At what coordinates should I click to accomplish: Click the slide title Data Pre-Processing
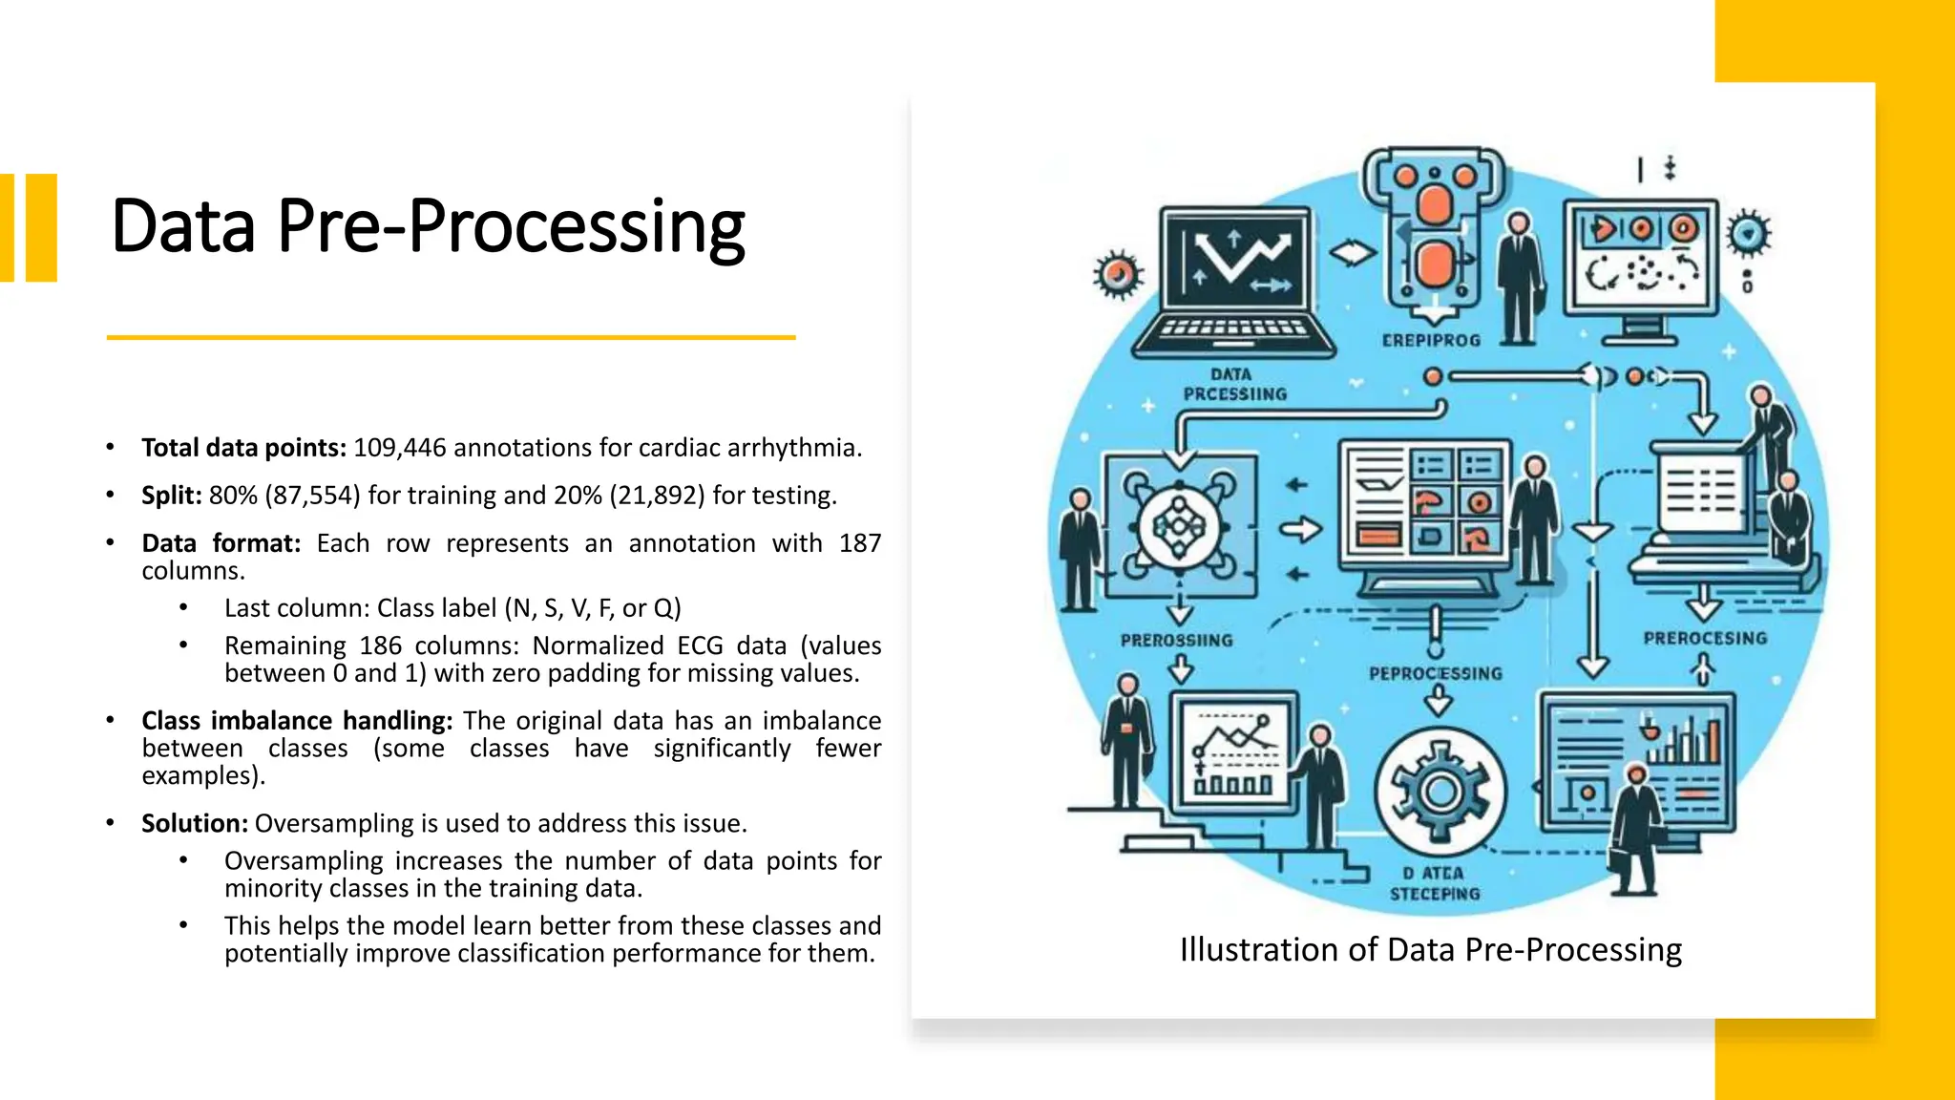tap(428, 227)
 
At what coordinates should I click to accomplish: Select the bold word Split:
tap(172, 496)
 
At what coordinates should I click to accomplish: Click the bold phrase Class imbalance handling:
tap(297, 721)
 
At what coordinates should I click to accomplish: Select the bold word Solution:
tap(195, 823)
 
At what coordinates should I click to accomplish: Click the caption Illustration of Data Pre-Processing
tap(1430, 950)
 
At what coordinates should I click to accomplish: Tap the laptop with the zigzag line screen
tap(1233, 283)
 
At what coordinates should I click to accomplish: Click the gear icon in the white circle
tap(1440, 792)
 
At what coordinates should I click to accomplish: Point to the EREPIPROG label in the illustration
tap(1430, 341)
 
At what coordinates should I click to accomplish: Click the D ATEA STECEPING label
tap(1434, 883)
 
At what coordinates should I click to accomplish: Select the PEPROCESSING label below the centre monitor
tap(1435, 674)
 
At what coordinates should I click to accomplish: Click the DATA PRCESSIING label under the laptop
tap(1233, 385)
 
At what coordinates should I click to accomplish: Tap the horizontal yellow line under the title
tap(451, 337)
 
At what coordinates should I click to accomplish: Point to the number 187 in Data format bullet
tap(859, 543)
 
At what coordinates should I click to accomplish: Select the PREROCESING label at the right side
tap(1705, 639)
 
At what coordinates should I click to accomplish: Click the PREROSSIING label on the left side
tap(1176, 641)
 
